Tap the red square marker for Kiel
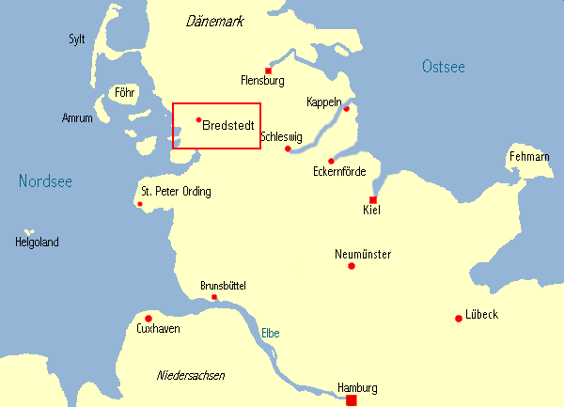373,200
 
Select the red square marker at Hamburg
352,400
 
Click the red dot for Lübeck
459,318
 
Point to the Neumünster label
363,254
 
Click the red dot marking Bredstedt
198,119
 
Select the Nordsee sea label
45,181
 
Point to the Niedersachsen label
191,375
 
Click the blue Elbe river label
270,333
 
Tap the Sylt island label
77,39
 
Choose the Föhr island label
123,92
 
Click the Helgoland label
37,242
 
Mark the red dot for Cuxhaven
148,318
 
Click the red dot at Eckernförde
331,161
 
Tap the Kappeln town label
324,102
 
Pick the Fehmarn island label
529,155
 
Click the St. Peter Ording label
176,192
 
